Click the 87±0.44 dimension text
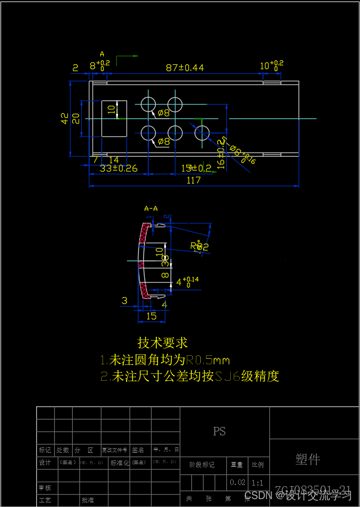(x=185, y=68)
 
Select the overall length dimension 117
(x=194, y=180)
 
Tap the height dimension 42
(x=64, y=118)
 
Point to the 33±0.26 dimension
(x=118, y=168)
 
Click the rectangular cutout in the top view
(x=114, y=118)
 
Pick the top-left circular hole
(x=148, y=104)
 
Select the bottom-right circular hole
(x=202, y=133)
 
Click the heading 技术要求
(x=163, y=343)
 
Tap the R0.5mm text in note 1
(x=208, y=360)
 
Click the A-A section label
(x=151, y=209)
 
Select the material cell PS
(x=219, y=431)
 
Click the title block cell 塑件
(x=308, y=459)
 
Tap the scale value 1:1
(x=257, y=483)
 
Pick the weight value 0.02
(x=238, y=483)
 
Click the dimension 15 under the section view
(x=151, y=316)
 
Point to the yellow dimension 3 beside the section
(x=124, y=301)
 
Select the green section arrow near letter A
(x=127, y=56)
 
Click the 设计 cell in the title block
(x=45, y=462)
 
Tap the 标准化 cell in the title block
(x=120, y=462)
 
